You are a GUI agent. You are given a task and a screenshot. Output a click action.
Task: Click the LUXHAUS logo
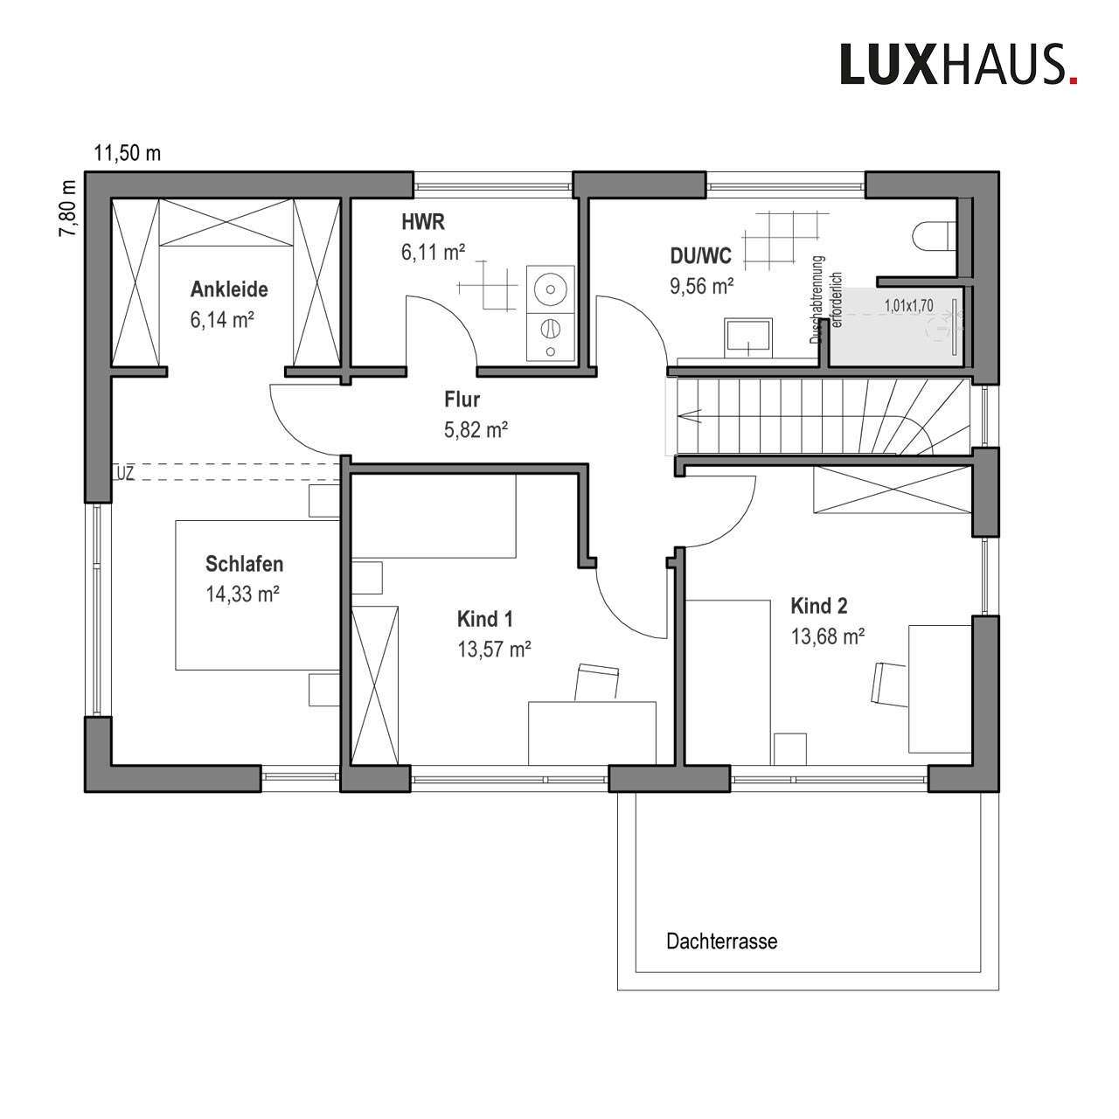pos(958,64)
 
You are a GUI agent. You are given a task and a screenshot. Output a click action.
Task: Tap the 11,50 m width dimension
pos(127,154)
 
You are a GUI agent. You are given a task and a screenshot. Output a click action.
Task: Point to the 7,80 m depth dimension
pos(67,208)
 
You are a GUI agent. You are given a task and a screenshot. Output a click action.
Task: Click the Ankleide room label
pos(229,289)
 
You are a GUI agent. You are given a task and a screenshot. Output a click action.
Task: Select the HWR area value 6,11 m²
pos(434,253)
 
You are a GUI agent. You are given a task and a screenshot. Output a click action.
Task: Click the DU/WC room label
pos(701,255)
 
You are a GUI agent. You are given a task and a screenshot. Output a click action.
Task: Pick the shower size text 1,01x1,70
pos(909,305)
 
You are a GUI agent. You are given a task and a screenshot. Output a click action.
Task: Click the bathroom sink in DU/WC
pos(748,337)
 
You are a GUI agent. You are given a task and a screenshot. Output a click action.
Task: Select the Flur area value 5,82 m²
pos(476,430)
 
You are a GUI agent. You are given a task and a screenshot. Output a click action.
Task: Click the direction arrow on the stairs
pos(689,416)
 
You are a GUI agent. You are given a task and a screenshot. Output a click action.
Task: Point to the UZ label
pos(125,473)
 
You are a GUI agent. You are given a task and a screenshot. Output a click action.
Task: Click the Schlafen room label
pos(245,564)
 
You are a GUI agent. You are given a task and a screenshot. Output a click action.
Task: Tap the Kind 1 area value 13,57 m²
pos(494,650)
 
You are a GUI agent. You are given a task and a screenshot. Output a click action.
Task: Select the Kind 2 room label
pos(819,606)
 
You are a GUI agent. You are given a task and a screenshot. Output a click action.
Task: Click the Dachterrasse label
pos(722,942)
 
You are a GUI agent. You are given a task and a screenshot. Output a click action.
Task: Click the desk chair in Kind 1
pos(597,684)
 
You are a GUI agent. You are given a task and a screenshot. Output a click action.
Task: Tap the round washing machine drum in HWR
pos(550,288)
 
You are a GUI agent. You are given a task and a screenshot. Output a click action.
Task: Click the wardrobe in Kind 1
pos(375,685)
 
